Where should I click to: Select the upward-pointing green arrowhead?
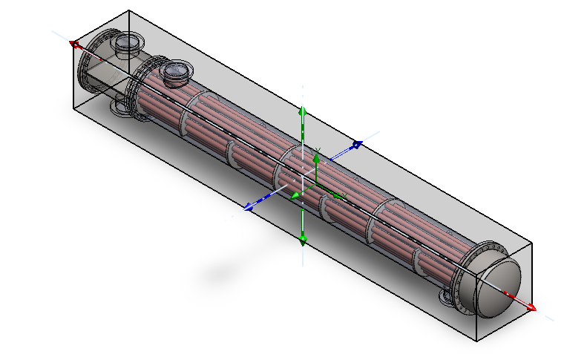click(302, 112)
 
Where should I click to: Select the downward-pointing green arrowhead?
click(302, 239)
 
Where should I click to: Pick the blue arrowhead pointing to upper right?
click(356, 144)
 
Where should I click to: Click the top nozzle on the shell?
click(177, 72)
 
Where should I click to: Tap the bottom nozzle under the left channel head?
click(120, 109)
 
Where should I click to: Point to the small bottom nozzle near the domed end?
click(447, 297)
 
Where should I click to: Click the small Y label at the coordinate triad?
click(318, 151)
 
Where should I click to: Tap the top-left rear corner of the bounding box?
click(129, 10)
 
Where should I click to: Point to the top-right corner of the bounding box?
click(534, 243)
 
